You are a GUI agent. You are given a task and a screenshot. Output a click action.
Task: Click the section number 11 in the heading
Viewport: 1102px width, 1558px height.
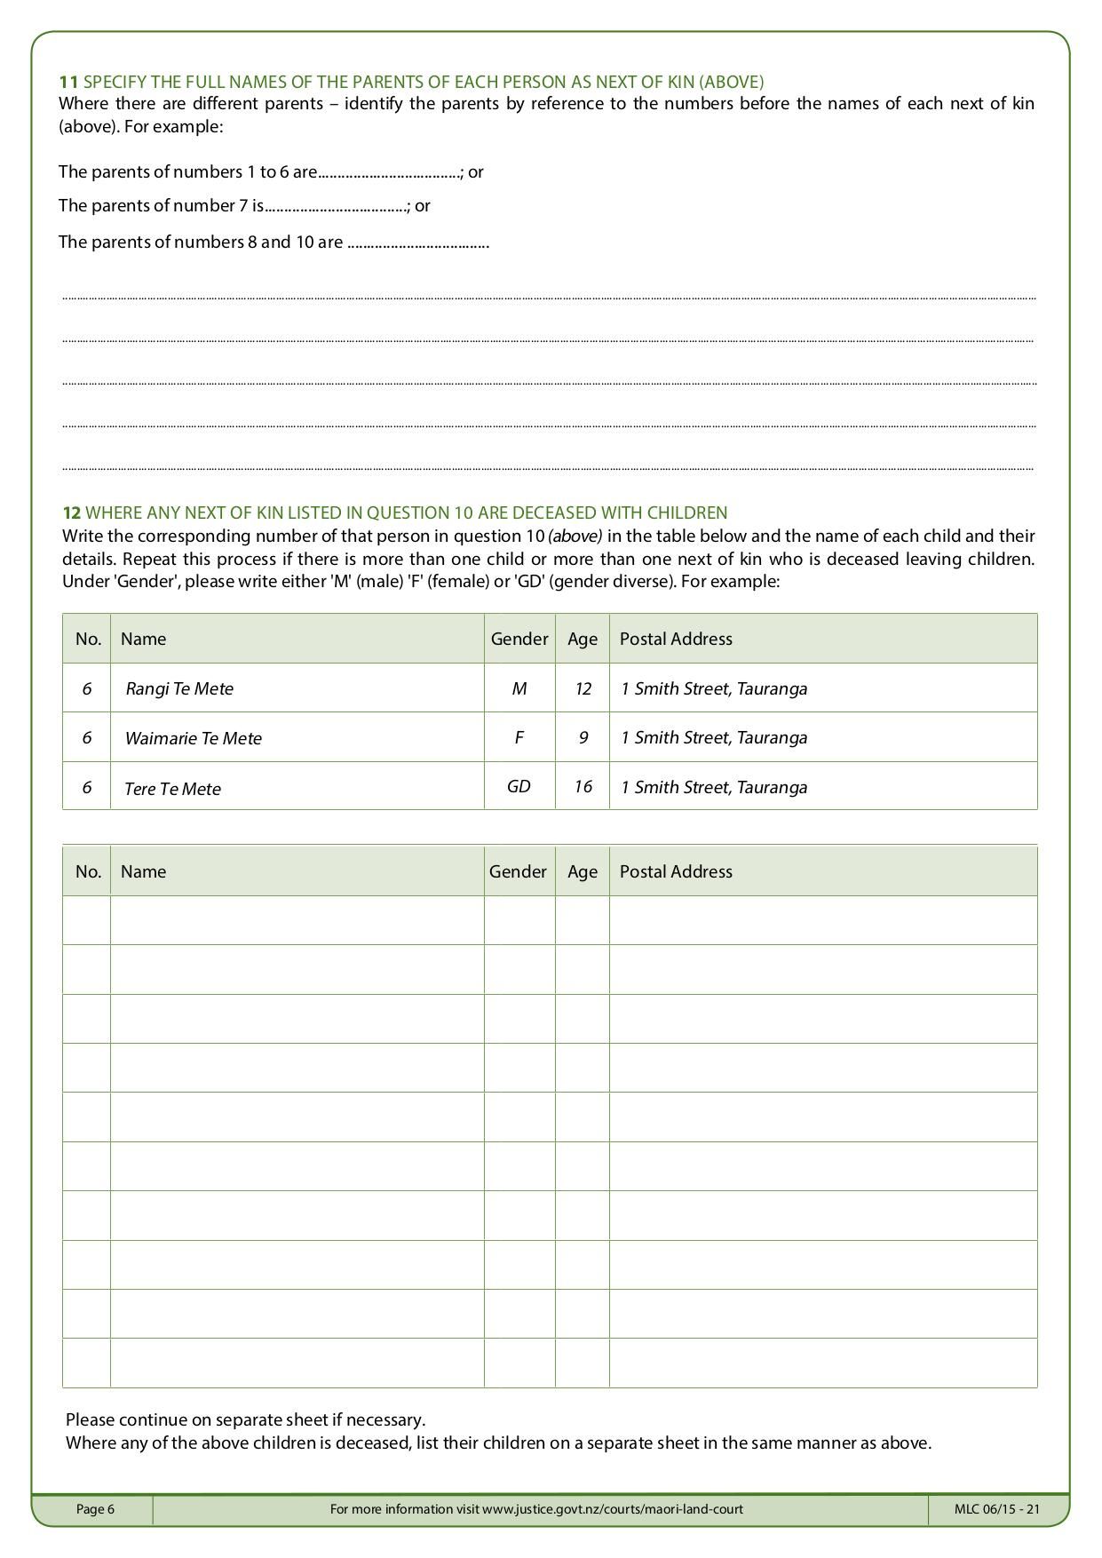point(67,82)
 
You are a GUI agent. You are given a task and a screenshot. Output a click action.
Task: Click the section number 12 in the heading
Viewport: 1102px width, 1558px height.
point(71,513)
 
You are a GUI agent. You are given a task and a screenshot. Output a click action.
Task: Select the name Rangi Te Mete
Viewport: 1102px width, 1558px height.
point(179,688)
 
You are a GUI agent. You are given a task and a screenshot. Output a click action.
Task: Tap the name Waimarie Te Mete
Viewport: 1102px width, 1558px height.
point(194,738)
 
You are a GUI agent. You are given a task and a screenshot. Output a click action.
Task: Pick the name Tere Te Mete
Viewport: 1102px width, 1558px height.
point(173,788)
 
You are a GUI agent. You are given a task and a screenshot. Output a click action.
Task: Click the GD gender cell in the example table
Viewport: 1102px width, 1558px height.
point(519,787)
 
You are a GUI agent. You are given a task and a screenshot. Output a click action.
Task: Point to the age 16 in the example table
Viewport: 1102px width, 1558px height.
point(583,787)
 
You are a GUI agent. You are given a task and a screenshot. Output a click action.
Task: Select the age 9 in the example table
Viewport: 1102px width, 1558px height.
point(583,737)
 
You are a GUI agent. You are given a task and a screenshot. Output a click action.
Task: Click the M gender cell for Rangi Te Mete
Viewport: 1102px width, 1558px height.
point(519,688)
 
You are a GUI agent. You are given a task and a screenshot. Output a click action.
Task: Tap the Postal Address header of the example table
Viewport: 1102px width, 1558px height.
point(676,639)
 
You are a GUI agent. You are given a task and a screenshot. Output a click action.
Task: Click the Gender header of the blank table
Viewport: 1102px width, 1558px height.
point(518,871)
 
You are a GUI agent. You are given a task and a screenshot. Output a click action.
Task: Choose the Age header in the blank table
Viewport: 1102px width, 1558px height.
point(583,871)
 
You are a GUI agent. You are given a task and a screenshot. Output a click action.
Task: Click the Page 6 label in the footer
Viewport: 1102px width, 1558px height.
point(95,1508)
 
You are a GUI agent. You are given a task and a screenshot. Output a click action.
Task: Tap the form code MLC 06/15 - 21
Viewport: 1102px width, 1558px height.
point(997,1508)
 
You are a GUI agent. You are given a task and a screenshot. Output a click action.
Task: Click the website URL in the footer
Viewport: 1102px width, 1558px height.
point(612,1508)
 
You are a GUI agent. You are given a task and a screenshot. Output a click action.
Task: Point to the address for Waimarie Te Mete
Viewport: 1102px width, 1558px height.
point(714,737)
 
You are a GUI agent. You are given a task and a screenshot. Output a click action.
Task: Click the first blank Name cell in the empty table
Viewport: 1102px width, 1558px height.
point(297,920)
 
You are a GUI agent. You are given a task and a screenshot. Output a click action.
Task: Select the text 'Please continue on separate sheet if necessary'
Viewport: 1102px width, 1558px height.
point(245,1419)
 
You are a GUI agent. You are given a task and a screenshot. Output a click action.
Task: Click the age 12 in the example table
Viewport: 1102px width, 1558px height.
point(583,688)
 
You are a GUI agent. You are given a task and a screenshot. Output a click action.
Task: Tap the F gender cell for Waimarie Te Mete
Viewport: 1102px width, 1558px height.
point(519,737)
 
